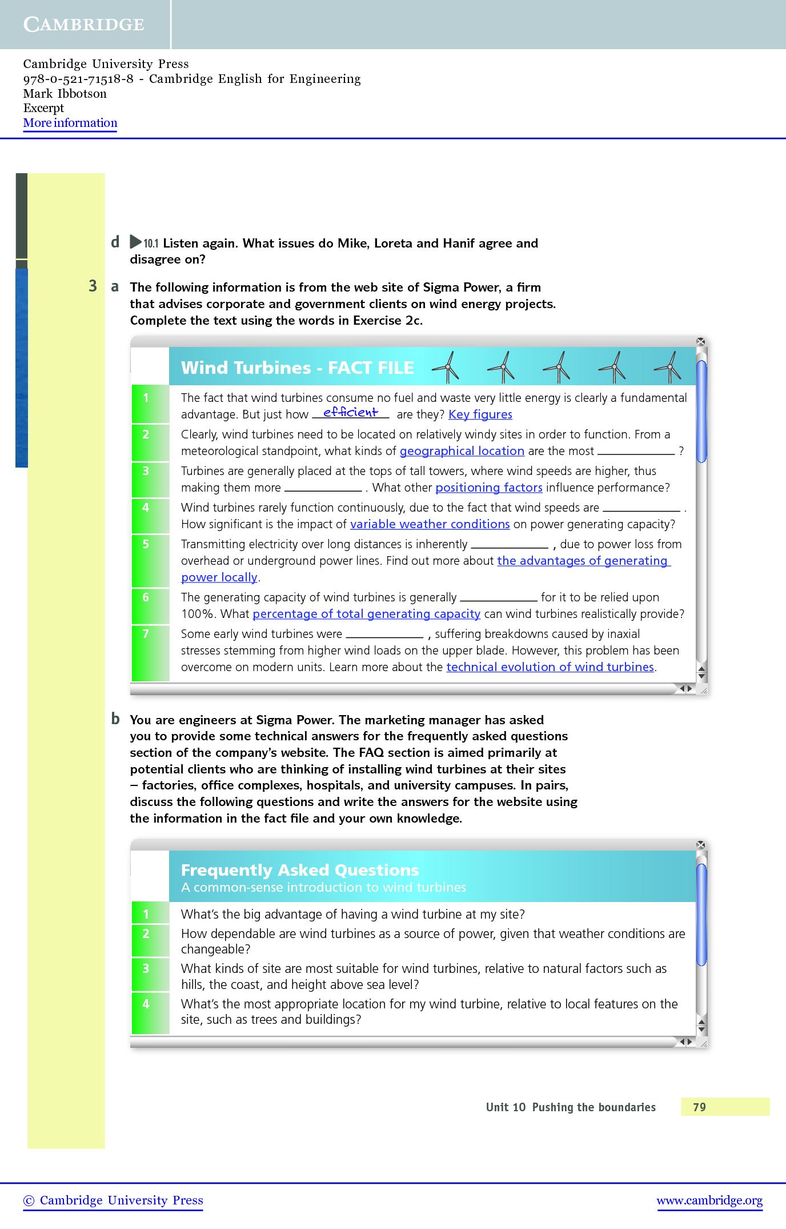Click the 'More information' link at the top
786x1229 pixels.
click(x=70, y=123)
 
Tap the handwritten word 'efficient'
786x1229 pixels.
click(x=350, y=412)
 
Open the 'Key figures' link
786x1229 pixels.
click(x=480, y=414)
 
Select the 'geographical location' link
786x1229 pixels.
click(x=462, y=451)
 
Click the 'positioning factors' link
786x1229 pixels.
click(x=488, y=488)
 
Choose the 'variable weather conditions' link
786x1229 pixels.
click(x=430, y=524)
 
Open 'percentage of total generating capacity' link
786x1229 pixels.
click(x=366, y=614)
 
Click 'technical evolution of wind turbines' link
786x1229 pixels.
click(x=550, y=667)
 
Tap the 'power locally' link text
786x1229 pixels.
click(x=219, y=577)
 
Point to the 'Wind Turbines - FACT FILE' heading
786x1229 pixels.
click(x=297, y=368)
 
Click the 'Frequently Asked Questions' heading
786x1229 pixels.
click(x=300, y=870)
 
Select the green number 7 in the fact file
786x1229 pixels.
click(x=146, y=633)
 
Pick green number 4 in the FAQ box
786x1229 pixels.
click(x=146, y=1004)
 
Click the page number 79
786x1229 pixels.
click(x=699, y=1107)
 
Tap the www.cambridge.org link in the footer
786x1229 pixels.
click(x=709, y=1200)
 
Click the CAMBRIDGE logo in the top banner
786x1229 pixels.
click(x=84, y=25)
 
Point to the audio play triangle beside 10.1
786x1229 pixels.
click(x=135, y=242)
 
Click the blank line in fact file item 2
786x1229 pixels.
click(x=636, y=452)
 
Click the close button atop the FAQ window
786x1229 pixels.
click(x=701, y=845)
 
